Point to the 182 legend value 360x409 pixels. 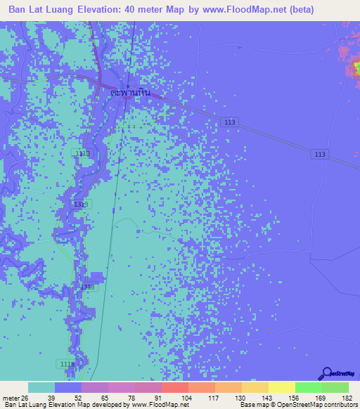pos(347,398)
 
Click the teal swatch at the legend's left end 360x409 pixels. pos(41,387)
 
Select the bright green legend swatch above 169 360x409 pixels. pos(308,387)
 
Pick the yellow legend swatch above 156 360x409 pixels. pos(281,387)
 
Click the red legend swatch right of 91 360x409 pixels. pos(174,387)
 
